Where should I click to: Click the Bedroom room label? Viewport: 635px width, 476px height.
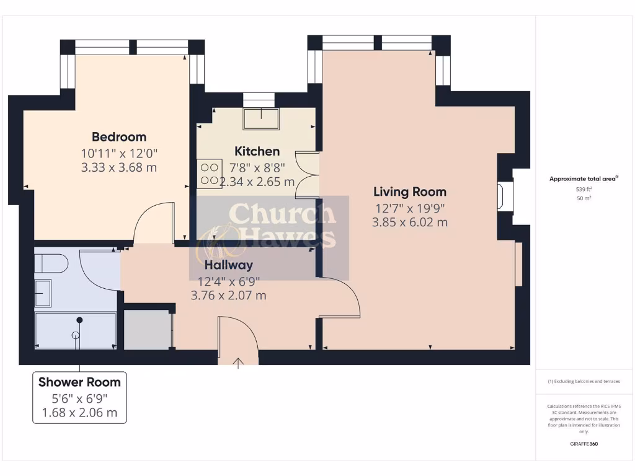pos(119,137)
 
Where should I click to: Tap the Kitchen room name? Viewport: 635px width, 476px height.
pos(257,151)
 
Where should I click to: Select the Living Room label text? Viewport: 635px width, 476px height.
pos(409,192)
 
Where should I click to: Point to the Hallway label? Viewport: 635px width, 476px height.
pos(229,265)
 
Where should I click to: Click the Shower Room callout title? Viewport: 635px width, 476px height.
pos(79,382)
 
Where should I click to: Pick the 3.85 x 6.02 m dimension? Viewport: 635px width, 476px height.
pos(409,222)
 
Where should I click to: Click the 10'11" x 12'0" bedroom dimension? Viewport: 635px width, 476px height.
pos(119,152)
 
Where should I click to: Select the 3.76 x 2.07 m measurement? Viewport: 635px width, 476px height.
pos(229,295)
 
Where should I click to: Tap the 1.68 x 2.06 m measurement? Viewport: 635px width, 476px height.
pos(79,413)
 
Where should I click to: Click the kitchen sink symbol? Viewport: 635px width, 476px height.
pos(261,118)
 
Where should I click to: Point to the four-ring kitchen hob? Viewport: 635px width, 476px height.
pos(209,174)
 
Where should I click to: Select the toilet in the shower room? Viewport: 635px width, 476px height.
pos(50,265)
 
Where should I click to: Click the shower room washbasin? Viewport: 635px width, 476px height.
pos(43,293)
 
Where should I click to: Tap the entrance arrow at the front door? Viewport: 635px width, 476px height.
pos(239,362)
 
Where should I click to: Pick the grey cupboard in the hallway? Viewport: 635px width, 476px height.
pos(148,329)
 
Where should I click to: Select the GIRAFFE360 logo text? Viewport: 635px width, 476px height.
pos(584,444)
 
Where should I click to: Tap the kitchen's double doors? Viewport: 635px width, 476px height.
pos(308,175)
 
